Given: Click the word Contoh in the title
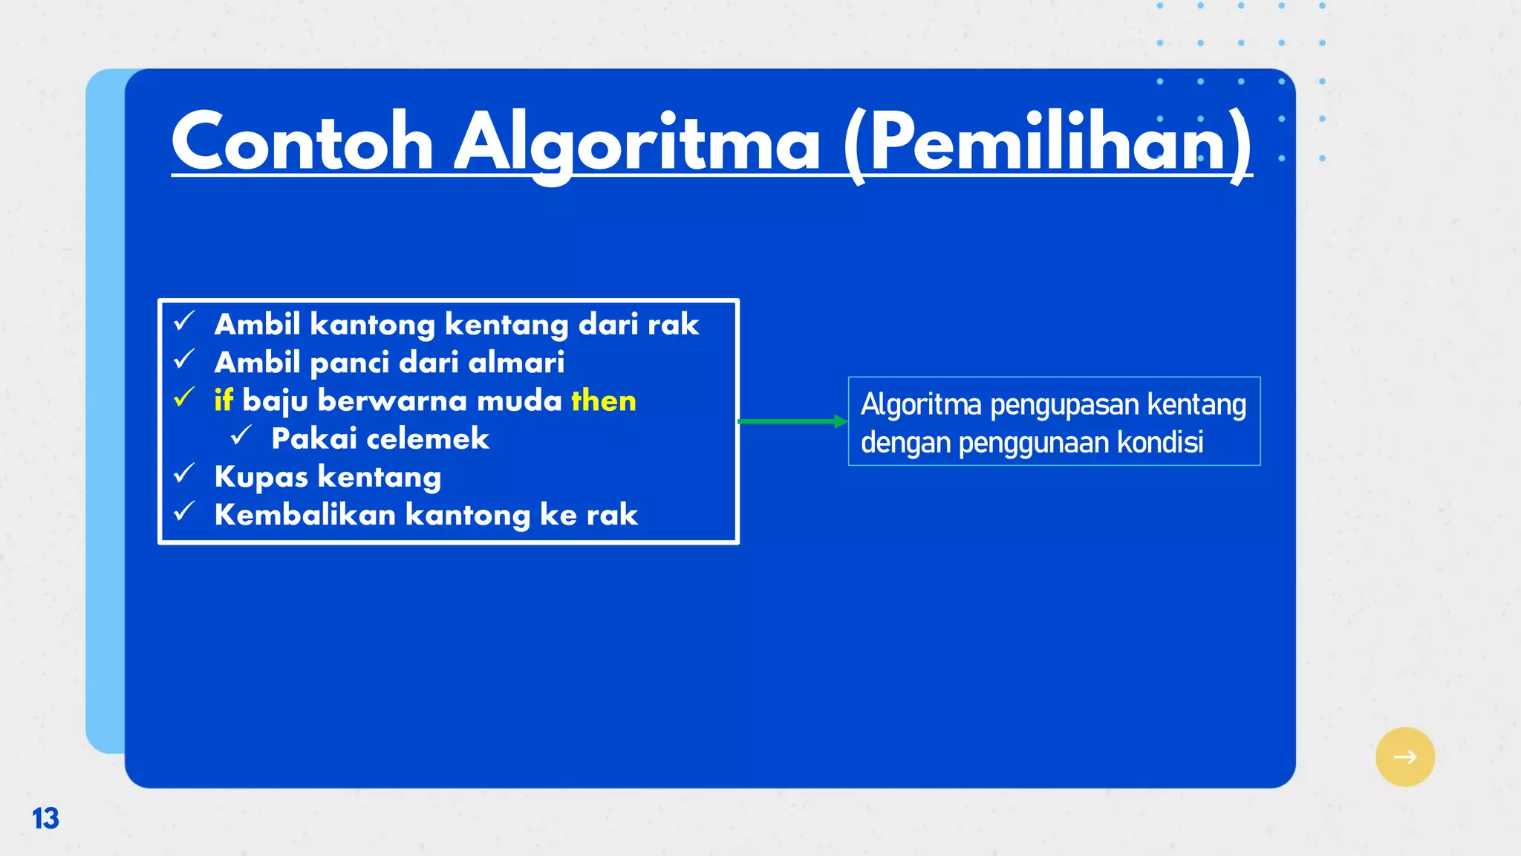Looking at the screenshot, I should (302, 142).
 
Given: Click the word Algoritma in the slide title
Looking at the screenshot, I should (636, 142).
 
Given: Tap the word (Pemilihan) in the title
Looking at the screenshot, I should (1047, 142).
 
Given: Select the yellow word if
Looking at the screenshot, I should (224, 401).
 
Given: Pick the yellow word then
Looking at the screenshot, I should (604, 401).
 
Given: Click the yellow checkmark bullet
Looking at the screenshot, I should (183, 398).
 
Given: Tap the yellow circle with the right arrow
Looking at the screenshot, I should (1404, 756).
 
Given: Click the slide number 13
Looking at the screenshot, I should (45, 818).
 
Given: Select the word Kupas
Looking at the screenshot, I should (261, 477).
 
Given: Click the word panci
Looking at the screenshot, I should (349, 363).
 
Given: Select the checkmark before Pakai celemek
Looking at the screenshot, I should (241, 436).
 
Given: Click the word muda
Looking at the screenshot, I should (519, 401).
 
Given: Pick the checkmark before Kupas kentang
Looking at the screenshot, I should (183, 474).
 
